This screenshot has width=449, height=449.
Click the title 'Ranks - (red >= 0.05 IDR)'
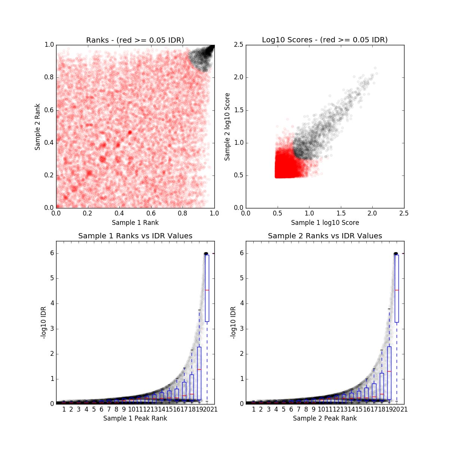(x=135, y=40)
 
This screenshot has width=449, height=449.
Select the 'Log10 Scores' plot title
(x=325, y=40)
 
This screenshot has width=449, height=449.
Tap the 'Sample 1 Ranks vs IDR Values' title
(x=135, y=236)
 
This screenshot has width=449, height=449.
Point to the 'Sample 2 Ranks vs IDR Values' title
(x=325, y=236)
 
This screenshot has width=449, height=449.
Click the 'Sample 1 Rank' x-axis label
(x=135, y=223)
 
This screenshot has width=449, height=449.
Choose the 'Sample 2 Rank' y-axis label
(x=37, y=127)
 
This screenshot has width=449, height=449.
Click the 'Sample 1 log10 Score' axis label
(x=325, y=223)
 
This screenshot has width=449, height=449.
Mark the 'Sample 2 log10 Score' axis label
(x=227, y=127)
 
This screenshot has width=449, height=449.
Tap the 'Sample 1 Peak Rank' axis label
(x=135, y=418)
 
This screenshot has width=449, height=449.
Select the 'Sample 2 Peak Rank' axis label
(x=325, y=418)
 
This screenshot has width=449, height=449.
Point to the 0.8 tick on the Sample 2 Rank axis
(x=48, y=77)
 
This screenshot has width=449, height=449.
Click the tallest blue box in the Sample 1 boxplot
(x=207, y=288)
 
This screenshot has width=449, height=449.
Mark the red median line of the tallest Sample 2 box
(x=397, y=290)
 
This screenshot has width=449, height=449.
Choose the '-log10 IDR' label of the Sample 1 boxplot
(x=44, y=323)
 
